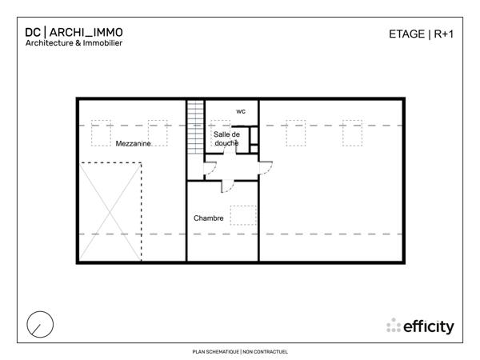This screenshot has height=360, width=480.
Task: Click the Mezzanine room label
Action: [134, 144]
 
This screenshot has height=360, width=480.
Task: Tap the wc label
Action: [241, 111]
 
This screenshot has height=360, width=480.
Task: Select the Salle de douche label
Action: [226, 138]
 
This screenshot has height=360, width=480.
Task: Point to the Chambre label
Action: [208, 218]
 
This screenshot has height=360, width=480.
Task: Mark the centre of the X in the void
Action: [111, 211]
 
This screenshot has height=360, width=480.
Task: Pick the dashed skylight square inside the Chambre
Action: [243, 215]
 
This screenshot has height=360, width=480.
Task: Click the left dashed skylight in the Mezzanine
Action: [102, 133]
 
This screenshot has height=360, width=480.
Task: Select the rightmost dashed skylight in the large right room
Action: [353, 133]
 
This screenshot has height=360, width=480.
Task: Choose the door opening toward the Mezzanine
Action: [210, 170]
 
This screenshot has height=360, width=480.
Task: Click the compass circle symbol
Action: [40, 324]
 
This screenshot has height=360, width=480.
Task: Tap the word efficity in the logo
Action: [429, 326]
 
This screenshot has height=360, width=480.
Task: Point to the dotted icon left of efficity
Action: [394, 326]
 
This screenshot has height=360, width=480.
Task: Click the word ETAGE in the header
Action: [406, 34]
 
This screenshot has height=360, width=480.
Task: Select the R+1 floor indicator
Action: [444, 34]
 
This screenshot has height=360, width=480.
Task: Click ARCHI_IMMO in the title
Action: [87, 32]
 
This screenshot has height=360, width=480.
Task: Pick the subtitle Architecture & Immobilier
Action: [73, 44]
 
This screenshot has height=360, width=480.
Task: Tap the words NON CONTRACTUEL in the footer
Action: [265, 351]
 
